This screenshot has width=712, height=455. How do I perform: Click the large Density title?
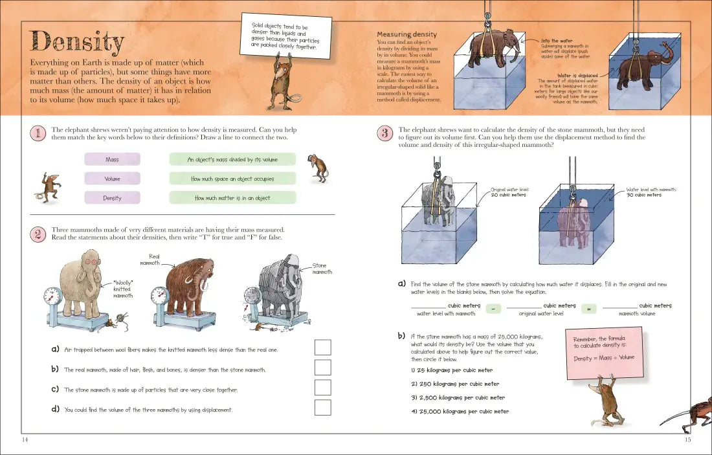click(x=77, y=43)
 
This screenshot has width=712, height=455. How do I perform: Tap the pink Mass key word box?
click(x=112, y=159)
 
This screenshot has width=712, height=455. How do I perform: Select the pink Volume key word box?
click(x=112, y=179)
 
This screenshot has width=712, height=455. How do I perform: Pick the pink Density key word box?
click(x=112, y=198)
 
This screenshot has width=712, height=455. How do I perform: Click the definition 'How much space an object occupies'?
click(x=232, y=179)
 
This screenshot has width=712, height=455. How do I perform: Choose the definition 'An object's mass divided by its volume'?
click(x=232, y=159)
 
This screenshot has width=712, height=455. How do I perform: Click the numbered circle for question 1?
click(x=38, y=133)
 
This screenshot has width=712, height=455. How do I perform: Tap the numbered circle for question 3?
click(x=384, y=133)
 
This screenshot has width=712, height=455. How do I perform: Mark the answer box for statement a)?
click(x=322, y=348)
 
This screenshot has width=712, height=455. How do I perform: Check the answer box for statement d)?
click(x=322, y=407)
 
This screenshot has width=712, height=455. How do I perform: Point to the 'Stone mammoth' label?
click(x=322, y=269)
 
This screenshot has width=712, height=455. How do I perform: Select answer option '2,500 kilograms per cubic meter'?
click(x=458, y=397)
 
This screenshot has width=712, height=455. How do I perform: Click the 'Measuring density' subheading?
click(x=406, y=34)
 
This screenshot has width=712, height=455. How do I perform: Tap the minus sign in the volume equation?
click(x=493, y=309)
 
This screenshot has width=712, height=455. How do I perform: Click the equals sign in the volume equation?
click(x=589, y=309)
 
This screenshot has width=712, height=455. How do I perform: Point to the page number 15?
click(x=687, y=440)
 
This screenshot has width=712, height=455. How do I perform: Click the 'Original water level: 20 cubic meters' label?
click(x=510, y=192)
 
